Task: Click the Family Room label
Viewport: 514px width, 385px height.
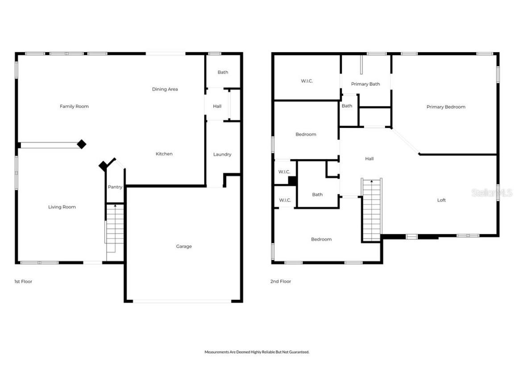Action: pos(74,106)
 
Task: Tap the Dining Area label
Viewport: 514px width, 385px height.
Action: pos(165,90)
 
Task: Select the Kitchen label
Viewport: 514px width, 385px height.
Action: pos(164,154)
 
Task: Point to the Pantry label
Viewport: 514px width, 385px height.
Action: pos(115,187)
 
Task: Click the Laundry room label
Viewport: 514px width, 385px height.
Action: pos(222,155)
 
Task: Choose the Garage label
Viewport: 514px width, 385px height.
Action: pos(184,246)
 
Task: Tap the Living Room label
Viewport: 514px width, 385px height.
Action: pos(62,207)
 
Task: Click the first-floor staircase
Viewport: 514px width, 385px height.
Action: pos(115,229)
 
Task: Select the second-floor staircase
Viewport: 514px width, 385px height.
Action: pos(372,209)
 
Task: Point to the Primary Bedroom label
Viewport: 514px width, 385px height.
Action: pos(446,107)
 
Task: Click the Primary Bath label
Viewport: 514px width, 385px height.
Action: pos(365,84)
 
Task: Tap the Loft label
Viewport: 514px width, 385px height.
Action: pos(441,201)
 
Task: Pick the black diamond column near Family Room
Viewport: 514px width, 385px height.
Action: pos(81,144)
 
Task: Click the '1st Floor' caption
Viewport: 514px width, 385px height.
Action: pos(23,282)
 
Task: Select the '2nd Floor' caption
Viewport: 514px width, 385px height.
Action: pos(281,282)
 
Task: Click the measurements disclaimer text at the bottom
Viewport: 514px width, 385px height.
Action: pos(257,352)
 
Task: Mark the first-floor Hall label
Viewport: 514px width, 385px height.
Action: pos(217,106)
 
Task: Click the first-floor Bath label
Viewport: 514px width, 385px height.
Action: pos(223,72)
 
